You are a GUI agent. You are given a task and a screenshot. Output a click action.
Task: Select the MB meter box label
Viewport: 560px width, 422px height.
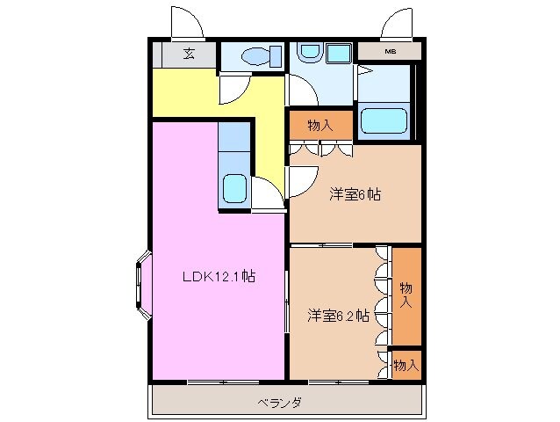390,53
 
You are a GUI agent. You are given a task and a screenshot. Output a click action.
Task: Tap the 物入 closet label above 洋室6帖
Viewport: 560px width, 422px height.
319,125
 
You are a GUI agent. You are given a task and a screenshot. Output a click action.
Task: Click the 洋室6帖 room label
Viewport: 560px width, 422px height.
354,193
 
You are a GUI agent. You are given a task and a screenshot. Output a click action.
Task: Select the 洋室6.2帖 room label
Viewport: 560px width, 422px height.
337,315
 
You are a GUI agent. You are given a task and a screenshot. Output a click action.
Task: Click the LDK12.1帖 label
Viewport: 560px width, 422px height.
219,276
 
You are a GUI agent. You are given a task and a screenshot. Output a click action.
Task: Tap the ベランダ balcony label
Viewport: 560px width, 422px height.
280,403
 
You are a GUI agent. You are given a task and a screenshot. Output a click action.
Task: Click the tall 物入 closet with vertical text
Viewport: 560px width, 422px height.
406,295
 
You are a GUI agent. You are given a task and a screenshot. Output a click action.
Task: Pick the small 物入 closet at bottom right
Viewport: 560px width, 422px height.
406,363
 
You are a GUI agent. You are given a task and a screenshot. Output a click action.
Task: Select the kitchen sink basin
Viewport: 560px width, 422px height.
234,188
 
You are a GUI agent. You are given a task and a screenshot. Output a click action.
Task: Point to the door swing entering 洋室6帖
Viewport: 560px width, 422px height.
298,180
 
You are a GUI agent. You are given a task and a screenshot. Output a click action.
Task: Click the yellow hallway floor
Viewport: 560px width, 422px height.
193,97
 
